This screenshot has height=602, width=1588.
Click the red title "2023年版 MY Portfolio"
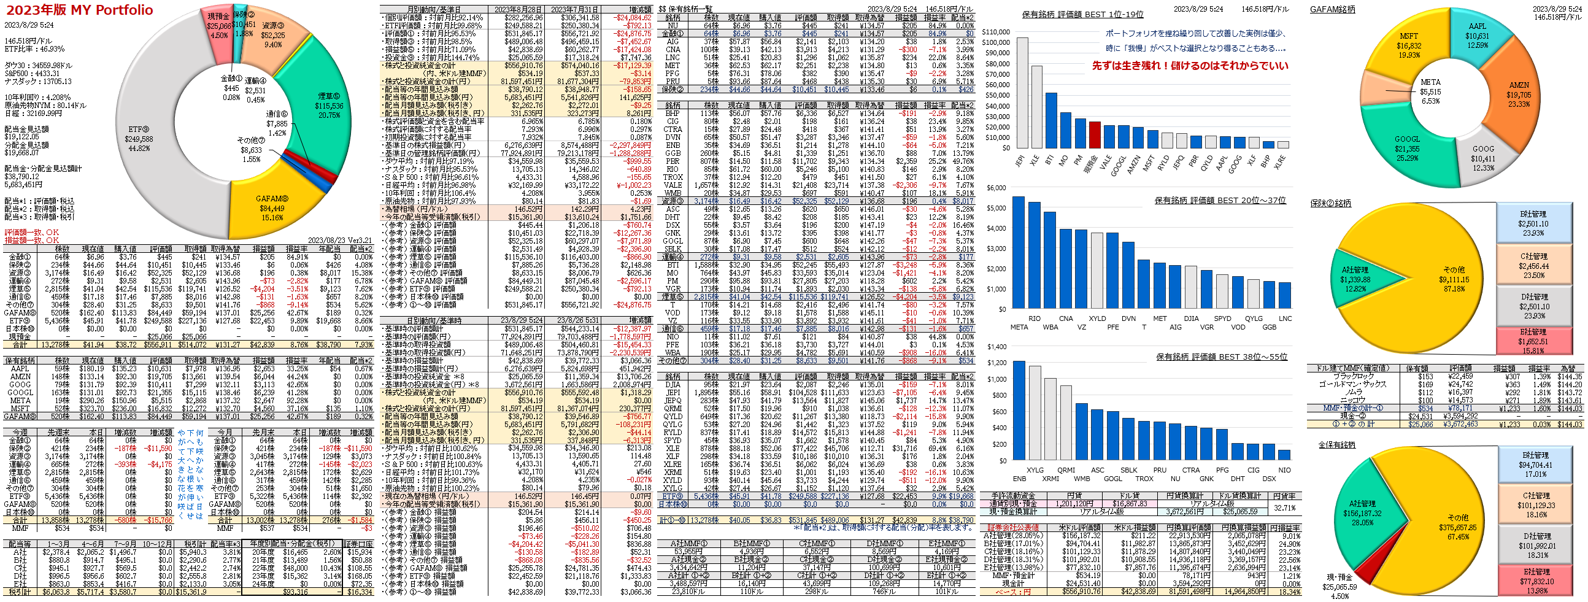79,10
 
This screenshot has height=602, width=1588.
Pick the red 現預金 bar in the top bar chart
1094,134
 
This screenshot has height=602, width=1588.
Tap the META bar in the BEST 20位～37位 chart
1019,252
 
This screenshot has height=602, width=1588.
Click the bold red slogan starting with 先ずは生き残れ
1190,66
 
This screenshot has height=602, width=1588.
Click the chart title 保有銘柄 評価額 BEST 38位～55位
1220,357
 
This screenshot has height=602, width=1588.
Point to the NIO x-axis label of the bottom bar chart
1285,470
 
